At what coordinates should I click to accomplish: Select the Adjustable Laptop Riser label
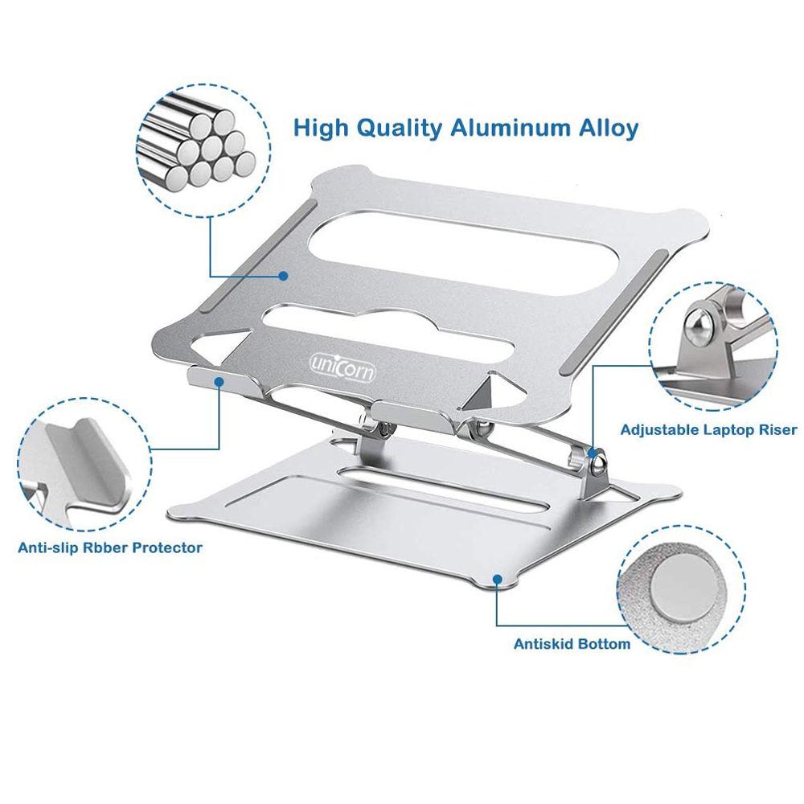(x=708, y=430)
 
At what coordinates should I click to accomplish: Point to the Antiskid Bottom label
(x=572, y=644)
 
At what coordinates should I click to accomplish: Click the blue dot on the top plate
(x=284, y=276)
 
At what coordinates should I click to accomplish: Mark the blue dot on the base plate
(x=498, y=577)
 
